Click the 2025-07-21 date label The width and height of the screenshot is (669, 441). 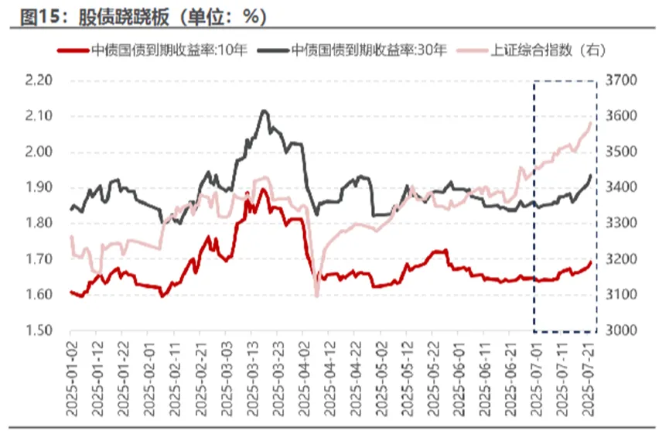coord(589,379)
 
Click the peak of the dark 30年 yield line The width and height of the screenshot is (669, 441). coord(264,111)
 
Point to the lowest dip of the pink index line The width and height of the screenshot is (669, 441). coord(316,296)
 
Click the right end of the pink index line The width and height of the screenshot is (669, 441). coord(592,122)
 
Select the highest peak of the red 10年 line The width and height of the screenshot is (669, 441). coord(263,190)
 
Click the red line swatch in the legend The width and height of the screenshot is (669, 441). coord(74,50)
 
